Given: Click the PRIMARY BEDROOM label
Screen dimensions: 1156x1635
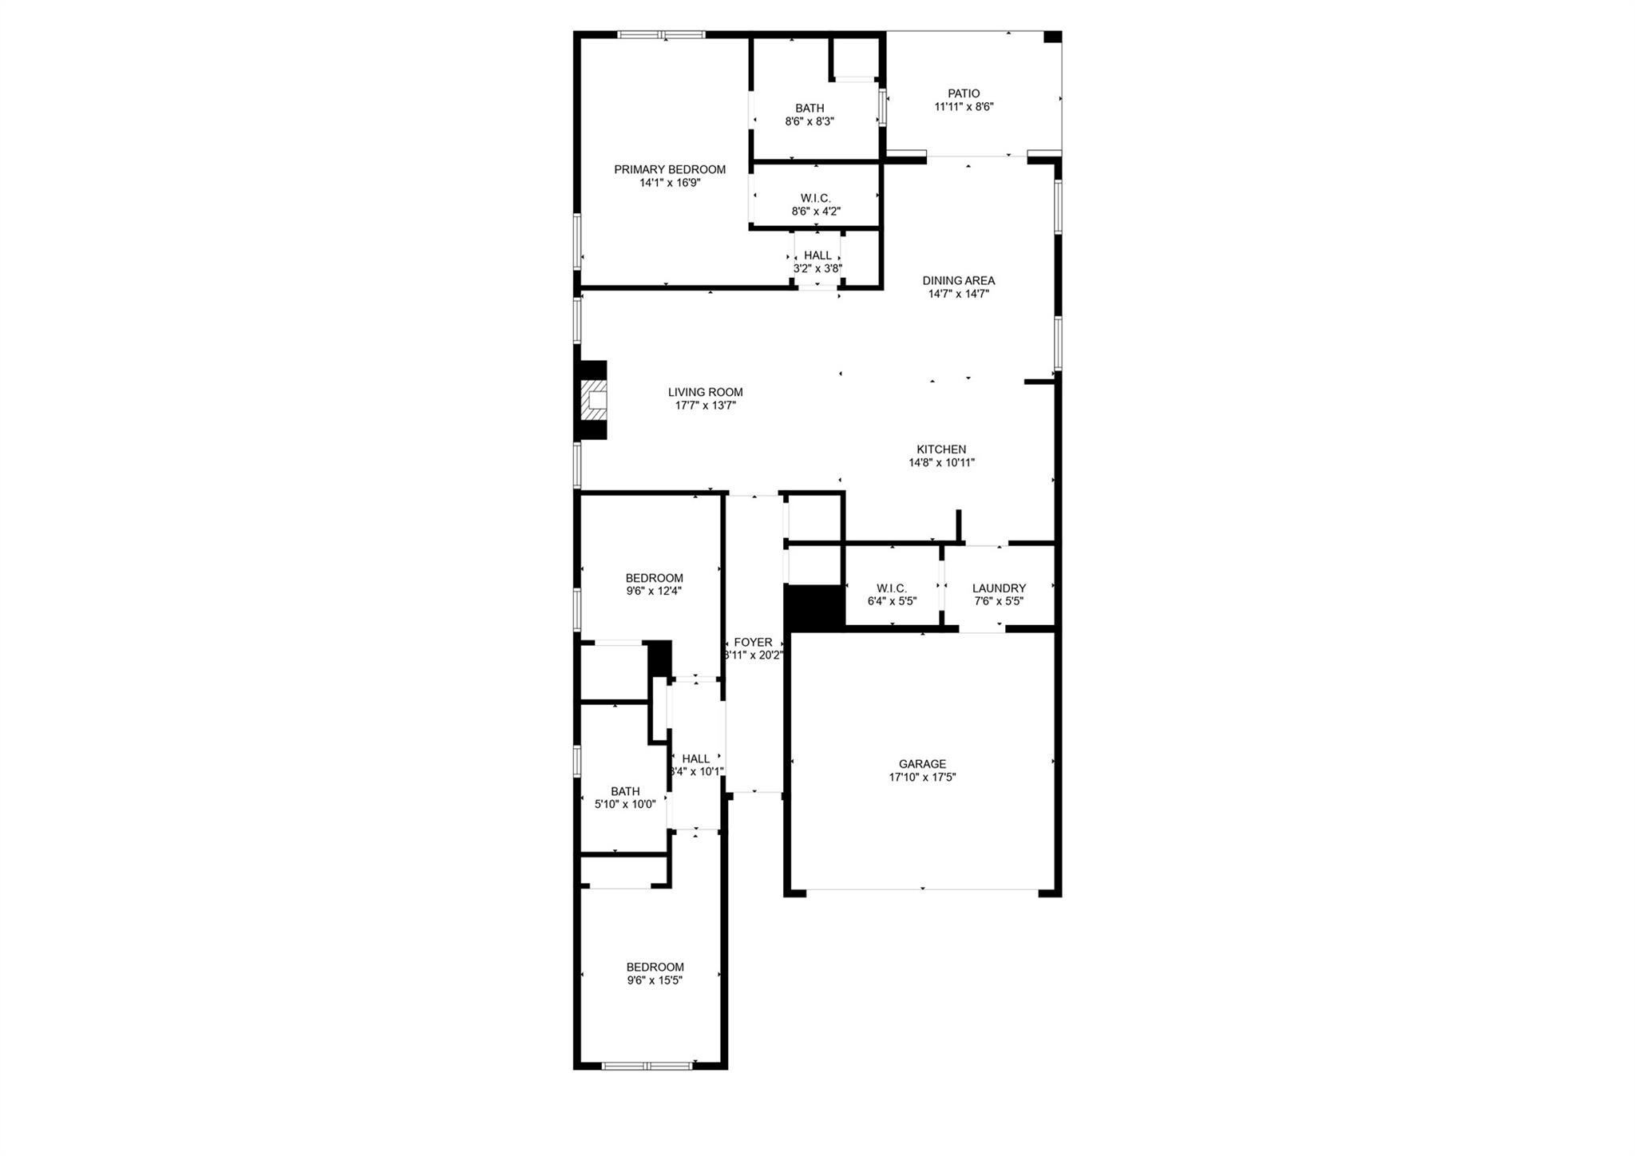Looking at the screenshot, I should (669, 169).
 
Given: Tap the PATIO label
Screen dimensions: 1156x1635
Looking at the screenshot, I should (964, 93).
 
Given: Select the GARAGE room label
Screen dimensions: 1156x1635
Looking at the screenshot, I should (922, 764).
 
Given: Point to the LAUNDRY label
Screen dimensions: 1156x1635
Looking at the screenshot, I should (999, 588).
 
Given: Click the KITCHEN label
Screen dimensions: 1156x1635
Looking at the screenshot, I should (941, 449).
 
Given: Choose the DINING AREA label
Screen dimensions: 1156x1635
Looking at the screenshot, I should (958, 280).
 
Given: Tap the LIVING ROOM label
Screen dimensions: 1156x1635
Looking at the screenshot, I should (705, 392).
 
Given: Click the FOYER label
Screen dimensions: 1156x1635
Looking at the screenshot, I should (753, 642).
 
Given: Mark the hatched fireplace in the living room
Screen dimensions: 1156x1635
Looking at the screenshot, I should (595, 400).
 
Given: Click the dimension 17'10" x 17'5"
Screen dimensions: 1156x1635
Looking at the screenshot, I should (922, 777).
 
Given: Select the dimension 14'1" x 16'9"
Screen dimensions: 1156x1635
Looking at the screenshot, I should (669, 183).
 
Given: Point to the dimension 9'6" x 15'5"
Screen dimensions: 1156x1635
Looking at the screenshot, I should (655, 980).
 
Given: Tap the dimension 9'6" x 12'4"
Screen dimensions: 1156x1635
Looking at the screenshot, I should (654, 592).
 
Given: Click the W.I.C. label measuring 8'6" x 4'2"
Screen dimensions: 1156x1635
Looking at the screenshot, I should (815, 198).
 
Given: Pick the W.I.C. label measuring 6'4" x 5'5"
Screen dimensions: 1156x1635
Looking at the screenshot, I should (891, 588).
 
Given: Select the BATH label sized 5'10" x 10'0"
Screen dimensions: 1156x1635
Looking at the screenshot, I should (625, 791).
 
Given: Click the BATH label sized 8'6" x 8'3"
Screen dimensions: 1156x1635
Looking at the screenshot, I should (810, 108).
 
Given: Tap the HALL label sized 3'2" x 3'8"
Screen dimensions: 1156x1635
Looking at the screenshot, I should (817, 255).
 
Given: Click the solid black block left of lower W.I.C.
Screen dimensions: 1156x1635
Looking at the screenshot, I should (814, 607).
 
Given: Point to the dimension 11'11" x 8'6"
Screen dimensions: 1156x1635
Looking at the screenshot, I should (964, 107).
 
